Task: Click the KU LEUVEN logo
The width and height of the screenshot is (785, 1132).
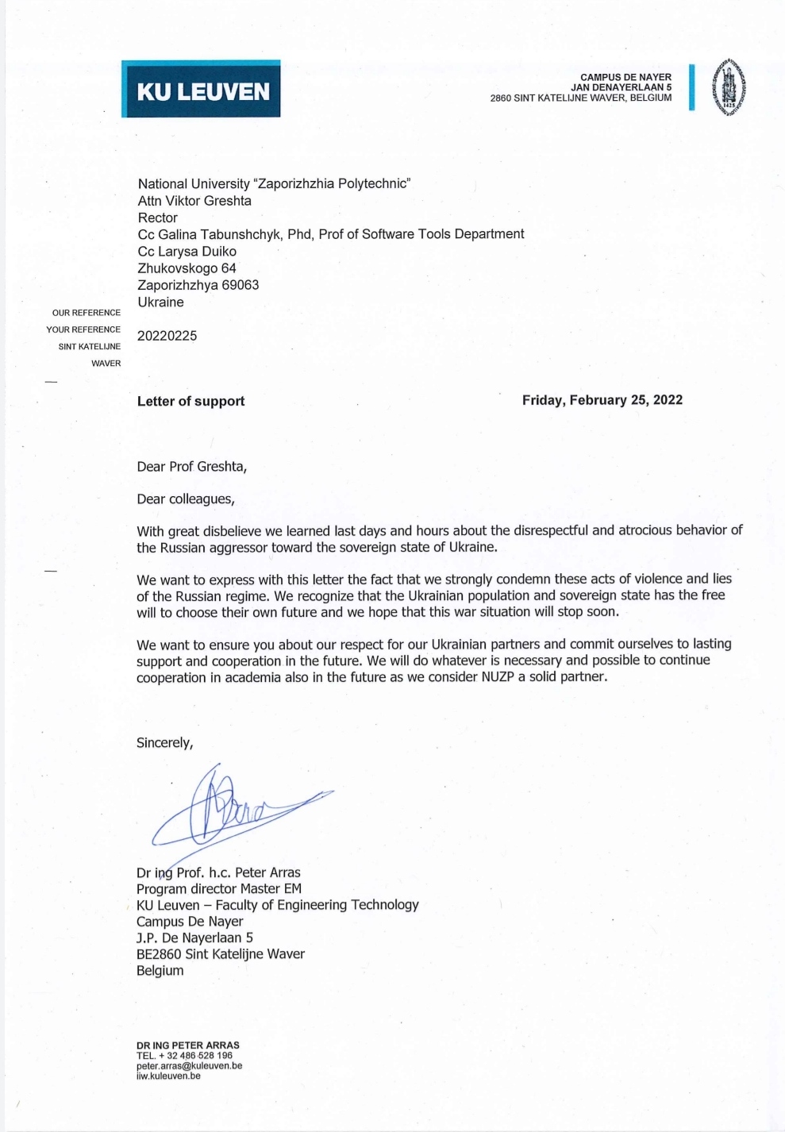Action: [x=201, y=89]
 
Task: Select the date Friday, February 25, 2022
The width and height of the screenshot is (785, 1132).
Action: [x=602, y=400]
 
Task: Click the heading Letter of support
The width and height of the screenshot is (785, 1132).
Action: [x=190, y=402]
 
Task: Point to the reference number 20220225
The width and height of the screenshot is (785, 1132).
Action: [x=167, y=336]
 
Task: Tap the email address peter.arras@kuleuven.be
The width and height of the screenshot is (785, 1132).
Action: [x=189, y=1066]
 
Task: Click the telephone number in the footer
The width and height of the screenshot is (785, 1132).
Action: [x=184, y=1056]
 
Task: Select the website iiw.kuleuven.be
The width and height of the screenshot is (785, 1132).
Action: [x=168, y=1076]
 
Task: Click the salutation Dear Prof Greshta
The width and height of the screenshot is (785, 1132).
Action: [x=191, y=467]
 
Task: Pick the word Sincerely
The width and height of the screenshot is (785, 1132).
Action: [x=164, y=743]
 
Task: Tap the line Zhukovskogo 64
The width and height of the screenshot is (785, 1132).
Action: [x=187, y=268]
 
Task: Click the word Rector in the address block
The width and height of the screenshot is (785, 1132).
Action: [x=157, y=218]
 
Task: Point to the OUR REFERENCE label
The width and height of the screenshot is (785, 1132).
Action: [x=87, y=313]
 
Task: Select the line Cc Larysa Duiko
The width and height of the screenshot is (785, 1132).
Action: [x=187, y=252]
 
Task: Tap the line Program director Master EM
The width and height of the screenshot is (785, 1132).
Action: [x=218, y=889]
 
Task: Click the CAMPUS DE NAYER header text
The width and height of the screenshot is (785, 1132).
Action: [x=625, y=77]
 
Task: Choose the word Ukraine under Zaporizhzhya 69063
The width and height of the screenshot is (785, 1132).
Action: [x=160, y=302]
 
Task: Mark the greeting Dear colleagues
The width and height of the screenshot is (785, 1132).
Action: [x=185, y=499]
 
